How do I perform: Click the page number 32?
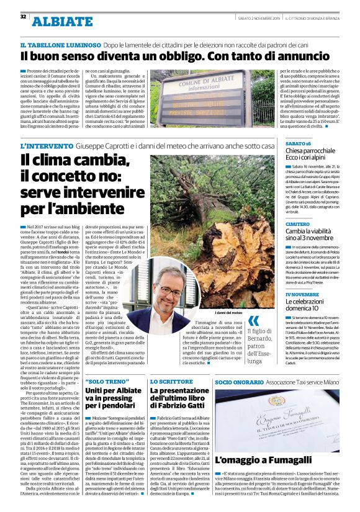[24, 16]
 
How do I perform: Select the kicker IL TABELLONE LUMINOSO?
[60, 46]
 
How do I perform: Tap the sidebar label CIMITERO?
[298, 224]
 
